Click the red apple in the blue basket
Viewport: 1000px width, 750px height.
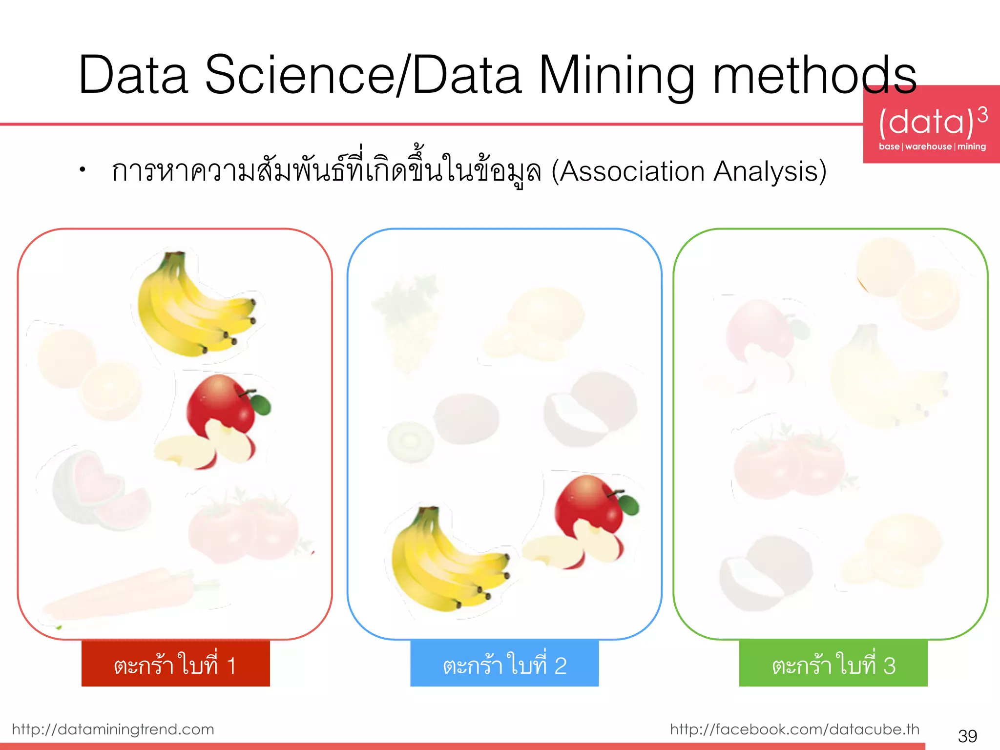586,522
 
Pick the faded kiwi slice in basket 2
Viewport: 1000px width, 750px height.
410,442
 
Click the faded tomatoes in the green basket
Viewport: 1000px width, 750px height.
789,464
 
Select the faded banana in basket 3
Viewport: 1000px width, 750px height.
879,381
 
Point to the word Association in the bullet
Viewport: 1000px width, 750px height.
630,172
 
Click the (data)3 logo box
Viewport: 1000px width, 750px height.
932,125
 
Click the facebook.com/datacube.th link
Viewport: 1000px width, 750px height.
794,729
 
